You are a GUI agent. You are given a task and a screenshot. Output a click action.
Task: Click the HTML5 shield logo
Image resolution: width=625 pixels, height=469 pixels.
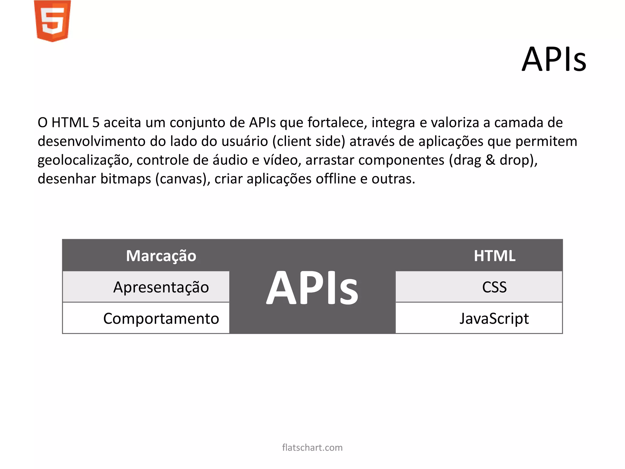[52, 21]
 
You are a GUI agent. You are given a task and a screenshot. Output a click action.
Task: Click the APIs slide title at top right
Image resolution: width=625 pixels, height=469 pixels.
[554, 59]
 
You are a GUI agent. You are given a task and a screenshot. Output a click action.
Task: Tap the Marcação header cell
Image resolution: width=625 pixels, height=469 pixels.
[161, 256]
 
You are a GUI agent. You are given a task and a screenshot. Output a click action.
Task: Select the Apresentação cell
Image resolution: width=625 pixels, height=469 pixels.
[161, 287]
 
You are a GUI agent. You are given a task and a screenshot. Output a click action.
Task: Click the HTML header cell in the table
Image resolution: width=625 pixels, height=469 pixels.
[494, 256]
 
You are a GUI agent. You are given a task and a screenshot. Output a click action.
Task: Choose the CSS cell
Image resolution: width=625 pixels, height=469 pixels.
[494, 287]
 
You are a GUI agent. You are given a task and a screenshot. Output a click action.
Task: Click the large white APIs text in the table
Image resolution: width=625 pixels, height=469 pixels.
[312, 288]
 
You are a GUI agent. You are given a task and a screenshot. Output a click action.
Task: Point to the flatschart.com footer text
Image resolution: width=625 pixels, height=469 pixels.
[312, 448]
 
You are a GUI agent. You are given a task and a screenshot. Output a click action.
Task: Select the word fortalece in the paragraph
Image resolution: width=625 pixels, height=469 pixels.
[337, 123]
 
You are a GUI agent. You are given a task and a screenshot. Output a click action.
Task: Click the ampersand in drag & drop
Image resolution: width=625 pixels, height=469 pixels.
[490, 160]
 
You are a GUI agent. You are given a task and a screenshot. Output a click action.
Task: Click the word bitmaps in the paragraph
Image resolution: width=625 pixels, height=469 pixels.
[126, 179]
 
